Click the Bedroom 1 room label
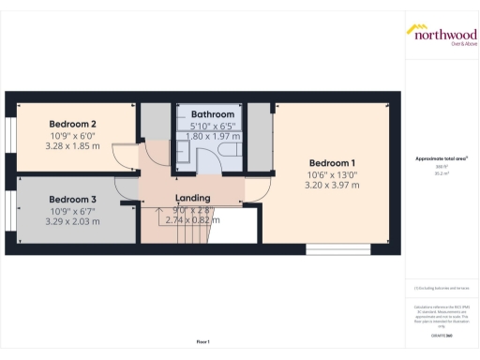click(333, 160)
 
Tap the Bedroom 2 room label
click(73, 124)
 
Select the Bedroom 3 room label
click(73, 200)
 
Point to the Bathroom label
click(213, 113)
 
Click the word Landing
click(192, 198)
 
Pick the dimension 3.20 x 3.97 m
click(333, 186)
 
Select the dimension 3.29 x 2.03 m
click(73, 223)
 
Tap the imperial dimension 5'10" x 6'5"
click(213, 126)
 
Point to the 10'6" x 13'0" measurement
click(333, 173)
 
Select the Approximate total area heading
click(442, 158)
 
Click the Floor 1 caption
click(202, 341)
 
